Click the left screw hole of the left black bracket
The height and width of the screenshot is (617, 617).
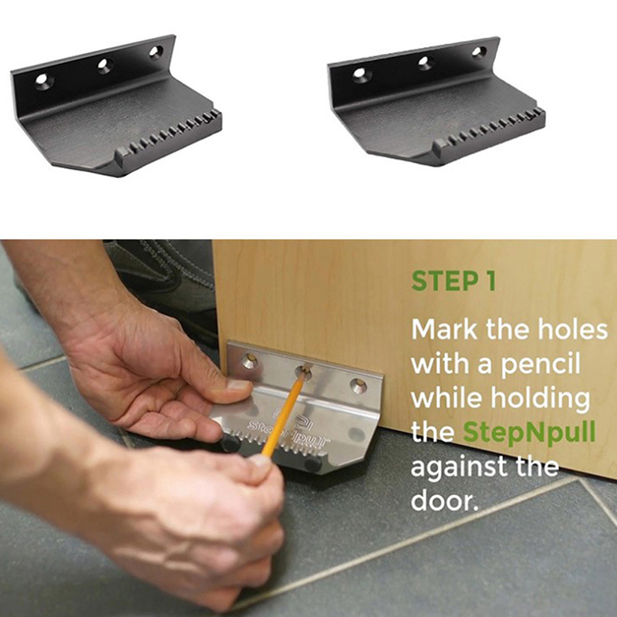(x=42, y=80)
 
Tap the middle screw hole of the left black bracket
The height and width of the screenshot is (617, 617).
(x=104, y=65)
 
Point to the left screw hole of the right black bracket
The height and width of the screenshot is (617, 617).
(x=359, y=72)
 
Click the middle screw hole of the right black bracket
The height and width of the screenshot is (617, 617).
(x=424, y=62)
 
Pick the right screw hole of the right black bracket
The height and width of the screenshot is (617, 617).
(x=478, y=51)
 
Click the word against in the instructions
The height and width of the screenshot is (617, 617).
(x=458, y=467)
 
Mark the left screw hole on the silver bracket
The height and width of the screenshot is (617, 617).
(x=249, y=361)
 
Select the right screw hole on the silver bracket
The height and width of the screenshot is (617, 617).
(x=358, y=385)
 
